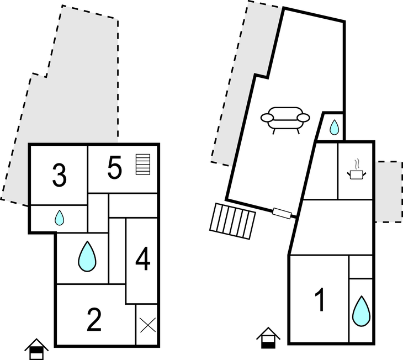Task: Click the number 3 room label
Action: click(59, 176)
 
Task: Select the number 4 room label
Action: click(142, 260)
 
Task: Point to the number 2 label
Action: click(94, 319)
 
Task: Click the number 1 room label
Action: click(319, 300)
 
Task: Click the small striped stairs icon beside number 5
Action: click(143, 165)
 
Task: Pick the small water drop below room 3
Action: click(59, 219)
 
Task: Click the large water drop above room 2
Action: click(86, 257)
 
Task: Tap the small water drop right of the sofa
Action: click(334, 128)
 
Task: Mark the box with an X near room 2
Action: click(147, 325)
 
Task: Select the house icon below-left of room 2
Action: click(36, 349)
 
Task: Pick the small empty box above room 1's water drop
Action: click(361, 268)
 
